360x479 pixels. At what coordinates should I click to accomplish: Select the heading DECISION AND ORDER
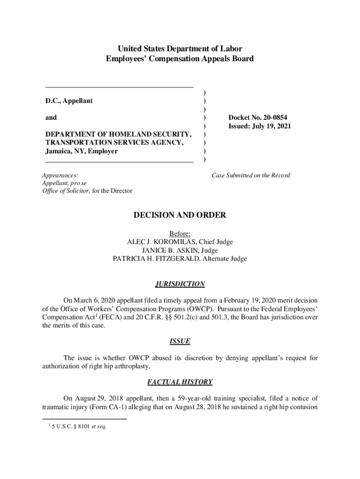(x=180, y=215)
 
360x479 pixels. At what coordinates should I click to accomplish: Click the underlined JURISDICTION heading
(x=180, y=284)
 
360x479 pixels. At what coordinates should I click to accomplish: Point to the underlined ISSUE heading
(x=180, y=341)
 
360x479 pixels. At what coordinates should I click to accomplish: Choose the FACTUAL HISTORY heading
(x=180, y=382)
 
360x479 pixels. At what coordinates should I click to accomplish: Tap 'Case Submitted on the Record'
(x=251, y=175)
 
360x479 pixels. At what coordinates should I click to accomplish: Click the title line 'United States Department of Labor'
(x=180, y=49)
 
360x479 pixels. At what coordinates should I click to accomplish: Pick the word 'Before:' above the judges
(x=180, y=233)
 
